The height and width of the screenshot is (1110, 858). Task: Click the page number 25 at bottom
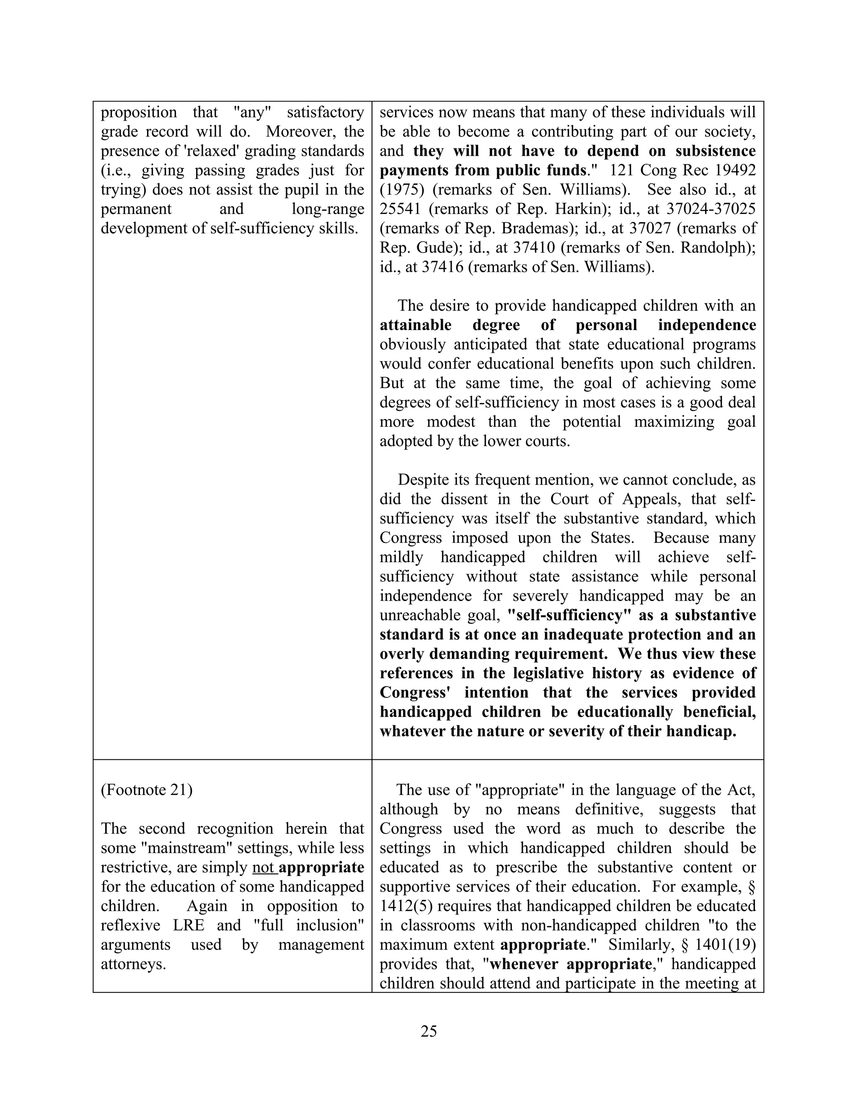[x=429, y=1031]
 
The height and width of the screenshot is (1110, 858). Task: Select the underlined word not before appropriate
[x=263, y=867]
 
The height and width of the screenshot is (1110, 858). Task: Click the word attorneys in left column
[x=133, y=964]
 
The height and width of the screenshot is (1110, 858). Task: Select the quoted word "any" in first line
[x=252, y=112]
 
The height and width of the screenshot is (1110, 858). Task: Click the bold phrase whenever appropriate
[x=570, y=964]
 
